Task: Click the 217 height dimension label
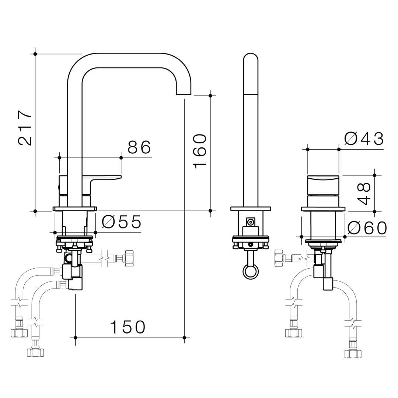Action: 25,128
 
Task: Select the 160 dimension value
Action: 200,151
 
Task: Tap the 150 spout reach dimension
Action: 128,327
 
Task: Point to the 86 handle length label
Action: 139,147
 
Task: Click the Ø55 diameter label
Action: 122,222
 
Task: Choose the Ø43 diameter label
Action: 364,139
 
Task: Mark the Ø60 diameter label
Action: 367,228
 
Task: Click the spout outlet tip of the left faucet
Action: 184,92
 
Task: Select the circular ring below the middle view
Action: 251,272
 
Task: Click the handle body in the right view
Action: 323,185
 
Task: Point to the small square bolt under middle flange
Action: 251,222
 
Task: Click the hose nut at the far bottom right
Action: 353,354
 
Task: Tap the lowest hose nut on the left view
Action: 36,352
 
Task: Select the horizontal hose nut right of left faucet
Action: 129,258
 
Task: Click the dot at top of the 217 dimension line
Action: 35,54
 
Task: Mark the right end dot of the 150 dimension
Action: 184,337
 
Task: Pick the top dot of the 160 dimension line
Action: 210,96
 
